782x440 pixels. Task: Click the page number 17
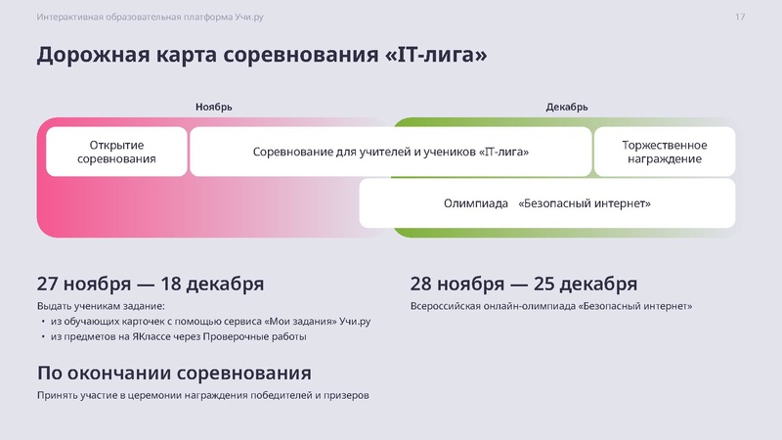click(x=740, y=18)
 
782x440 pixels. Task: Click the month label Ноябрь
click(x=213, y=107)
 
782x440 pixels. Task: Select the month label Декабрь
click(x=567, y=107)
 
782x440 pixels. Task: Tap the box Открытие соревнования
click(x=116, y=152)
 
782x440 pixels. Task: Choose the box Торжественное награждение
click(x=665, y=152)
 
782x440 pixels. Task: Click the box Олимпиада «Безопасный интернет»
click(x=547, y=203)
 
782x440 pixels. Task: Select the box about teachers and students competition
click(x=391, y=152)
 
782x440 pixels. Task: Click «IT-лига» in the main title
click(x=436, y=55)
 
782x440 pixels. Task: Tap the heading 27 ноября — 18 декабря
click(x=150, y=284)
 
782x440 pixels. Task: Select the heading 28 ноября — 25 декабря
click(x=524, y=284)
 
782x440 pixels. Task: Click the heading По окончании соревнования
click(x=174, y=373)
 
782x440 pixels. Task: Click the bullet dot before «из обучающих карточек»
click(x=42, y=322)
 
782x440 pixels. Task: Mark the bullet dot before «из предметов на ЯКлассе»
click(x=42, y=337)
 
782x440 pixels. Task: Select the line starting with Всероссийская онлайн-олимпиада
click(x=550, y=306)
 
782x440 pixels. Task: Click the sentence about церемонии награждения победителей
click(x=203, y=395)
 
